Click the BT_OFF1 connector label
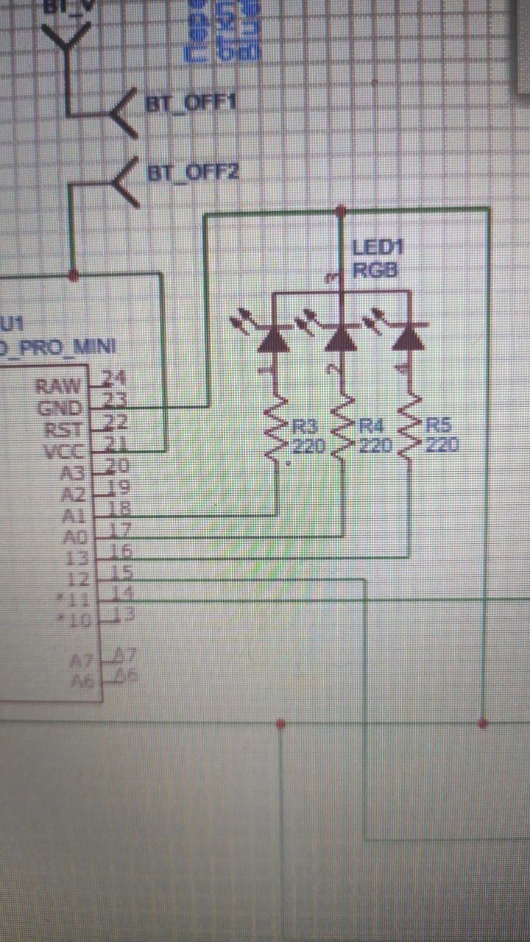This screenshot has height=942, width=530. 191,103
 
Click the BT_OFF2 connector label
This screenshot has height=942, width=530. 194,174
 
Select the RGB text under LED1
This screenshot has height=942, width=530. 375,270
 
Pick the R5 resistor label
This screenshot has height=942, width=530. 437,426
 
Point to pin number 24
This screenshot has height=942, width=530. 114,378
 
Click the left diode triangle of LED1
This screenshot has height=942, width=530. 274,338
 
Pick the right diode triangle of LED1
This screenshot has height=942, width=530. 409,338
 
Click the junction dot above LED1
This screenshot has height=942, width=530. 340,212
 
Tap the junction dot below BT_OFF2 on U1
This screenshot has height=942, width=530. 73,275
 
